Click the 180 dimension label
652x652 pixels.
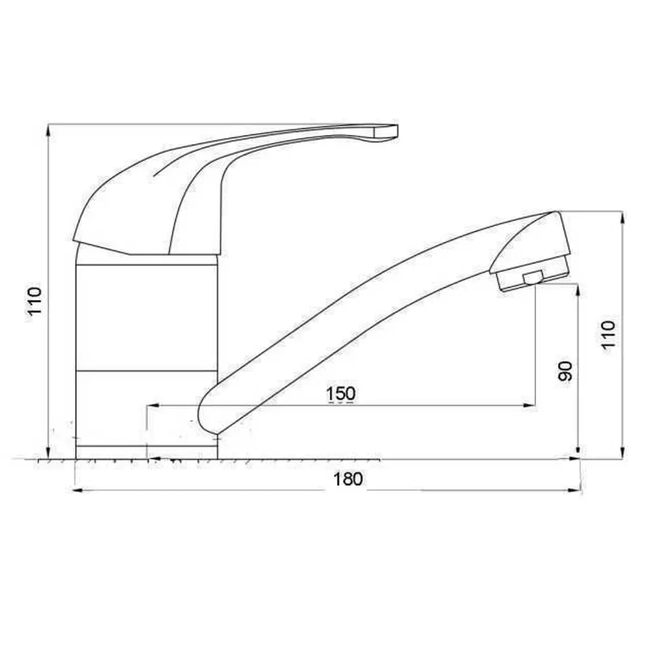point(348,479)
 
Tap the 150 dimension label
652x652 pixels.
point(341,393)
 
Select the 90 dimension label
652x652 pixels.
point(565,371)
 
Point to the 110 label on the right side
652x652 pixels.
point(608,334)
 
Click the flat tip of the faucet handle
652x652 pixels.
point(386,132)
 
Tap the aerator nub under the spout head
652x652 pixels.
point(533,277)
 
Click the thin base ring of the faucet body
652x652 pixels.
point(147,452)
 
